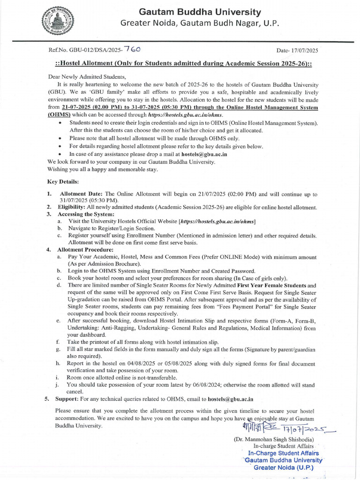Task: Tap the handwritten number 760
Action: [x=132, y=48]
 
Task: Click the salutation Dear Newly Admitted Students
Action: [x=87, y=76]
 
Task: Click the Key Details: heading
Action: [x=63, y=181]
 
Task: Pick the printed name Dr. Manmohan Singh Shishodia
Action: [x=274, y=440]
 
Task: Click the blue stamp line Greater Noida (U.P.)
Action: [x=283, y=467]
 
